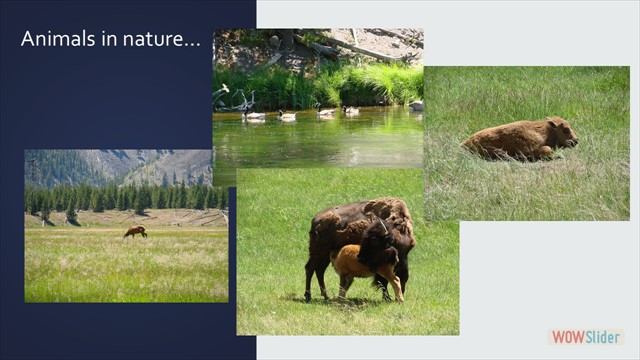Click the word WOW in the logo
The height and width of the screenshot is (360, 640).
[x=566, y=337]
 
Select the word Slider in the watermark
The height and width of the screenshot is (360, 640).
[x=602, y=337]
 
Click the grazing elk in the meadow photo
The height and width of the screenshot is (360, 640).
[x=135, y=232]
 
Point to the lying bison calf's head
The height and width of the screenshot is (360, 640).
[x=560, y=133]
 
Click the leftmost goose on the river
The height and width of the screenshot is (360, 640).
[x=254, y=116]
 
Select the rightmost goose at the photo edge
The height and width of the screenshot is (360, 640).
[x=416, y=105]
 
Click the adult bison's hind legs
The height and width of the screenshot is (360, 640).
[x=318, y=275]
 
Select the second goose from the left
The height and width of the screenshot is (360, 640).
[x=288, y=116]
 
